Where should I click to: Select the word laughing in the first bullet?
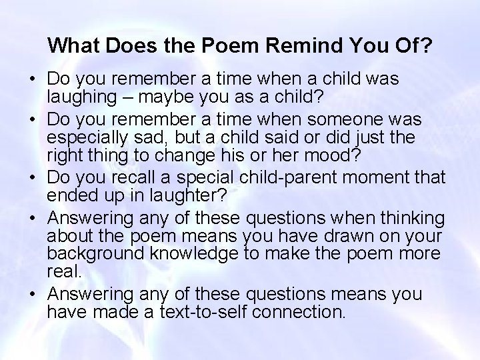[78, 98]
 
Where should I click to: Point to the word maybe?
[159, 98]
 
